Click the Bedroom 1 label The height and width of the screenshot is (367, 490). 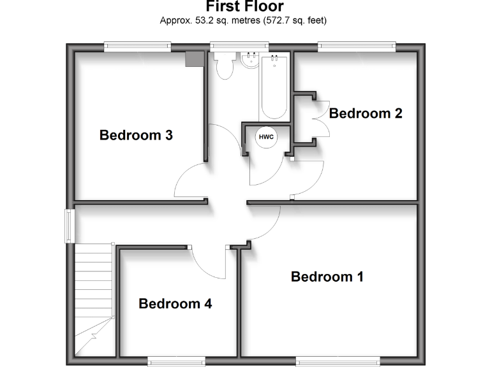(x=327, y=277)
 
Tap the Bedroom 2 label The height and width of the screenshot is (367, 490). (x=366, y=113)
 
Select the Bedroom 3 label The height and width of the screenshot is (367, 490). (x=136, y=135)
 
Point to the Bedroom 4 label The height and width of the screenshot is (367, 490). (x=175, y=303)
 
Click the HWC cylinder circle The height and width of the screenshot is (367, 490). (x=265, y=137)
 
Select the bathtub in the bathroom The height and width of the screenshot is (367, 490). (x=274, y=86)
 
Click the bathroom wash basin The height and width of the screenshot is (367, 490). (x=249, y=61)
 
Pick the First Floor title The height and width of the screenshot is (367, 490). (x=244, y=8)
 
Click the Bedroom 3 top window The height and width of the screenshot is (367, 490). (x=138, y=45)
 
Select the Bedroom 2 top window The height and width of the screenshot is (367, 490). (x=357, y=45)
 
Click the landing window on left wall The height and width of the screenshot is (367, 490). (x=67, y=226)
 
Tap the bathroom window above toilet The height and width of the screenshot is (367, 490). (x=231, y=45)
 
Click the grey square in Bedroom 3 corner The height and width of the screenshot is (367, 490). (x=193, y=59)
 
